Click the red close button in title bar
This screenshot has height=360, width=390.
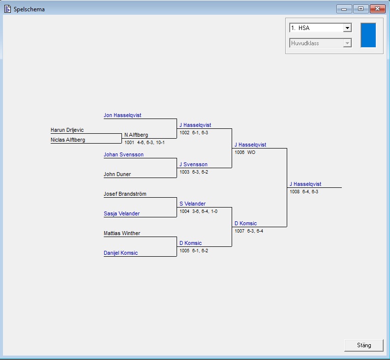pyautogui.click(x=377, y=8)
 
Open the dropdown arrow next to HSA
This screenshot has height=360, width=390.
pyautogui.click(x=347, y=28)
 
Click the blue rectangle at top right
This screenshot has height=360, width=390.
pyautogui.click(x=368, y=35)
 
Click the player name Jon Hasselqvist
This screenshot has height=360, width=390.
pyautogui.click(x=122, y=116)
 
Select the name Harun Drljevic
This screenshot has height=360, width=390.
pyautogui.click(x=67, y=130)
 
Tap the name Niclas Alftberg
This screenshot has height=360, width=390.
pyautogui.click(x=68, y=140)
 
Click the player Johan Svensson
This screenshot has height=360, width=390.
pyautogui.click(x=123, y=155)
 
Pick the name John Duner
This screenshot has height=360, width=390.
pyautogui.click(x=117, y=175)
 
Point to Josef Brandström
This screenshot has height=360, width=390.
pyautogui.click(x=125, y=194)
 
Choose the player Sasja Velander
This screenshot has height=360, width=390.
pyautogui.click(x=121, y=214)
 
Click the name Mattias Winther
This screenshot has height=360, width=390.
pyautogui.click(x=122, y=234)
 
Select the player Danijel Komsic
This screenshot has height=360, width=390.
pyautogui.click(x=120, y=253)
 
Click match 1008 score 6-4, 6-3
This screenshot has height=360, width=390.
pyautogui.click(x=304, y=192)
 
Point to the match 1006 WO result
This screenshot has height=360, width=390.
pyautogui.click(x=245, y=152)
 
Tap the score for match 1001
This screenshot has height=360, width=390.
pyautogui.click(x=145, y=143)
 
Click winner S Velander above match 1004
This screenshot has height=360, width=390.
pyautogui.click(x=192, y=204)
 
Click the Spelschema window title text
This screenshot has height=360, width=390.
pyautogui.click(x=29, y=9)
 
